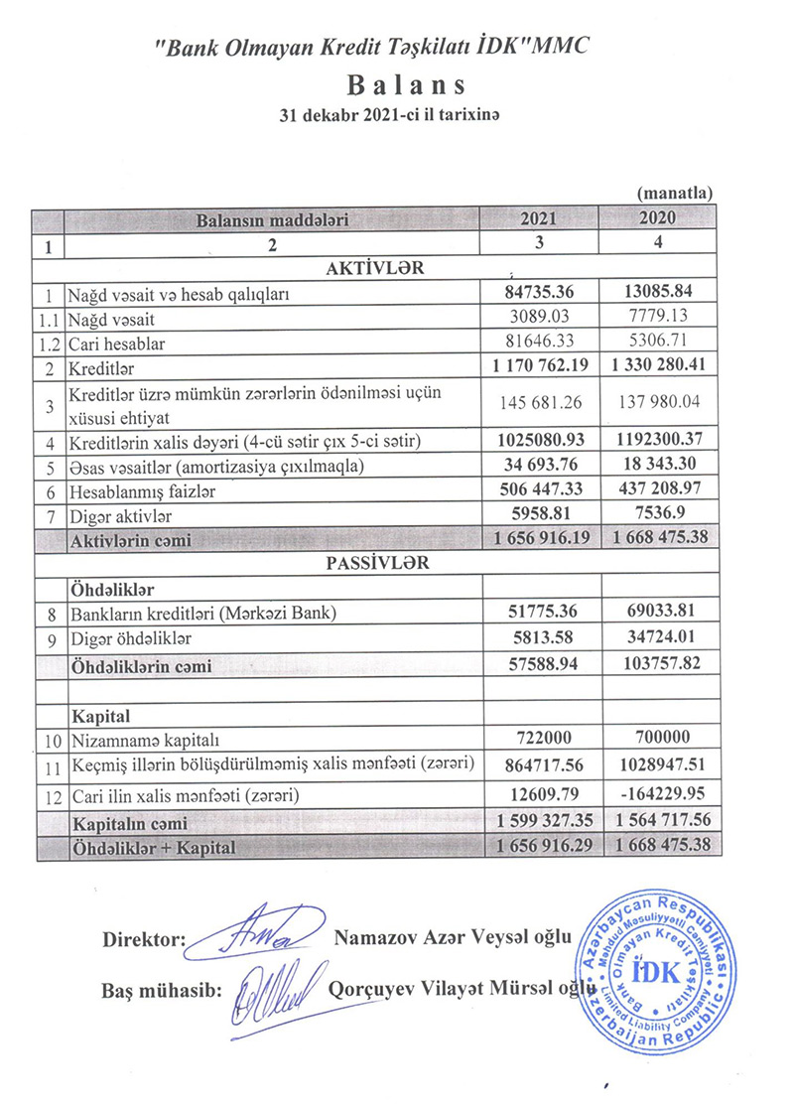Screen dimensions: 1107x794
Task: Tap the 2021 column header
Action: pos(539,218)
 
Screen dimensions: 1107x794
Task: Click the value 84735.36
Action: pos(539,292)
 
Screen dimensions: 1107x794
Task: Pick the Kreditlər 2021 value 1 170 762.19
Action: pos(539,365)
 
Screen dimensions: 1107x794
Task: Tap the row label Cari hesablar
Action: pos(115,344)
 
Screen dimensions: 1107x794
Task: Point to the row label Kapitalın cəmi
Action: pos(128,823)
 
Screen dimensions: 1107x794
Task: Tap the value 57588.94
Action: pos(539,665)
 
